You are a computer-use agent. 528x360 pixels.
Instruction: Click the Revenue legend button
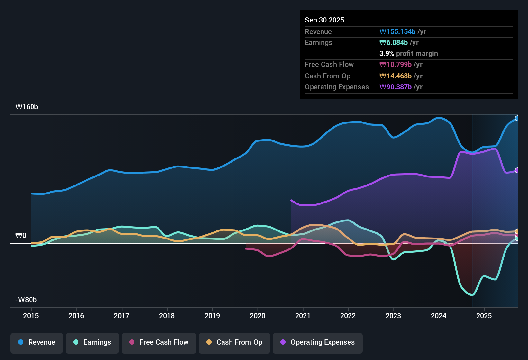(37, 342)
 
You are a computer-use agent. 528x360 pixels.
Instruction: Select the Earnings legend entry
(92, 342)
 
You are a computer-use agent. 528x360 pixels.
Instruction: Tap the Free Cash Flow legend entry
(159, 342)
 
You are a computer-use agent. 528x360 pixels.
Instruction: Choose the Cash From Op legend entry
(234, 342)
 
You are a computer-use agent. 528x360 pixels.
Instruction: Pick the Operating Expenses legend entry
(317, 342)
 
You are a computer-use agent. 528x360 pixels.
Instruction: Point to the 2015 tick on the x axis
(31, 316)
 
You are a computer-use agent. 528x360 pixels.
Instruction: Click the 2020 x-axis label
(258, 316)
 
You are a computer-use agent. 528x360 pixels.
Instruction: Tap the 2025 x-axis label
(484, 316)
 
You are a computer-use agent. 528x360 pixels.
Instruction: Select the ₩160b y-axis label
(27, 107)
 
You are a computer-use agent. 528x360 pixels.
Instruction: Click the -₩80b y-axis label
(26, 300)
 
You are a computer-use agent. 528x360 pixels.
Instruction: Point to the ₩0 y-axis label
(21, 236)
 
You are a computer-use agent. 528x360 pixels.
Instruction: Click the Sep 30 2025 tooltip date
(324, 20)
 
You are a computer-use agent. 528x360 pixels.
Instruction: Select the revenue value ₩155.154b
(397, 32)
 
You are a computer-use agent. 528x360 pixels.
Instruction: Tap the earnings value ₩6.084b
(394, 43)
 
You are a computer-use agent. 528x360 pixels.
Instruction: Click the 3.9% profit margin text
(408, 54)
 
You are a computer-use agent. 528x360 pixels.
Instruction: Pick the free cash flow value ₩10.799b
(396, 65)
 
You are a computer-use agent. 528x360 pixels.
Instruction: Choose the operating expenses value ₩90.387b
(396, 87)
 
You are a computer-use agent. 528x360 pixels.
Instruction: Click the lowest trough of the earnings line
(472, 294)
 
